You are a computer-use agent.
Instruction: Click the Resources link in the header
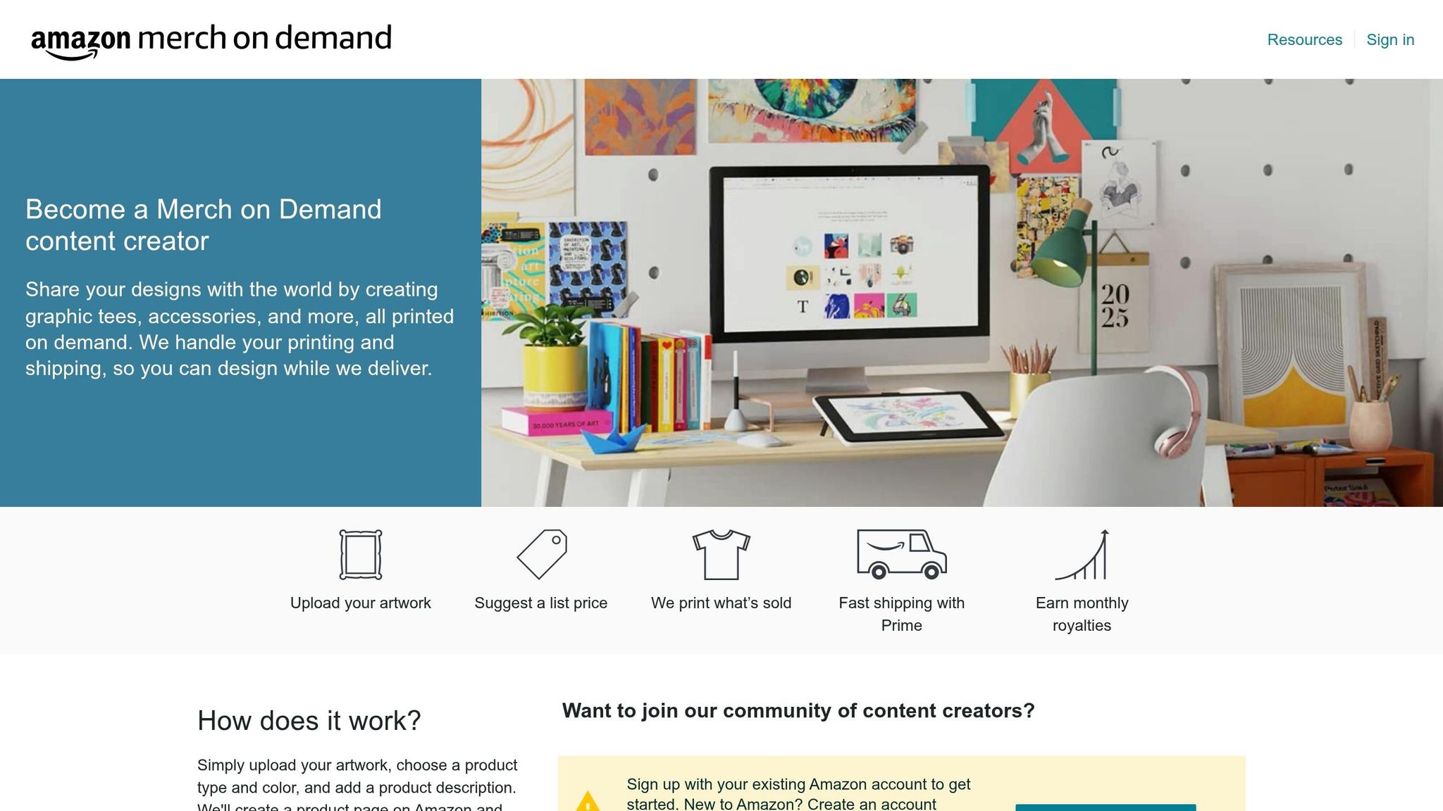[x=1304, y=40]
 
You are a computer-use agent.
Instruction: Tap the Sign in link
[x=1390, y=40]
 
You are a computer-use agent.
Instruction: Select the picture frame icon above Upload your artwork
[x=360, y=555]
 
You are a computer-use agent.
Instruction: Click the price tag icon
[x=541, y=555]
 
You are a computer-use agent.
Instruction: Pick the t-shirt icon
[x=721, y=555]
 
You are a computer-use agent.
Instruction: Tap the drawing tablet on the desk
[x=908, y=417]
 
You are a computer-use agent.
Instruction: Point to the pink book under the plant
[x=557, y=422]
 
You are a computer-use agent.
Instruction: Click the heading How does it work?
[x=309, y=721]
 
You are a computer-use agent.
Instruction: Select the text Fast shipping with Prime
[x=901, y=614]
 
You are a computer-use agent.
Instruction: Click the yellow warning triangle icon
[x=588, y=802]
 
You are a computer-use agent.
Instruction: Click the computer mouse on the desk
[x=758, y=441]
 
